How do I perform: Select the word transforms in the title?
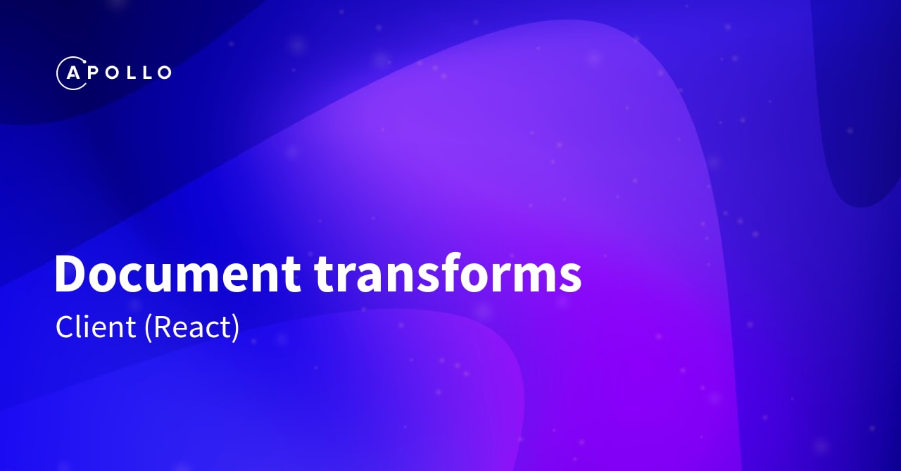click(448, 273)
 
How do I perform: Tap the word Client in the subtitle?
click(96, 327)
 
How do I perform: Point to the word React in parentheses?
click(192, 327)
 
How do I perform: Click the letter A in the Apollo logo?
click(71, 73)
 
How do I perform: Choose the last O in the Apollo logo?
click(163, 73)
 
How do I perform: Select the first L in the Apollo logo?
click(129, 73)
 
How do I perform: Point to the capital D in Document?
click(71, 273)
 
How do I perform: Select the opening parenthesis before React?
click(148, 328)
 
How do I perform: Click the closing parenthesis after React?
click(235, 328)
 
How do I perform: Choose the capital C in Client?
click(65, 327)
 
